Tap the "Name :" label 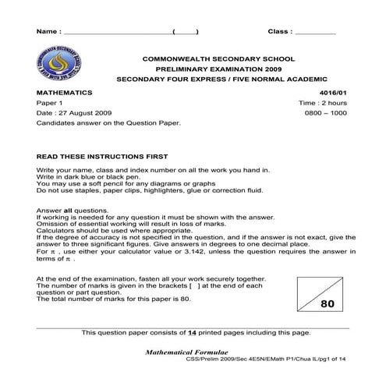[48, 32]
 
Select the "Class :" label [280, 32]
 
